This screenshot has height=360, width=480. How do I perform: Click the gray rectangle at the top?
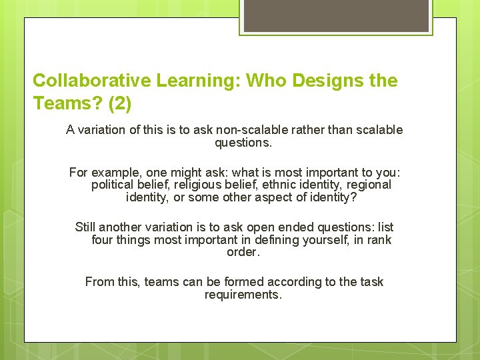pos(335,15)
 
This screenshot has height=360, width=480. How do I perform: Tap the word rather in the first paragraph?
pos(311,130)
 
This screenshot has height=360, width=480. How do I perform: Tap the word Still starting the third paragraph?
pos(87,227)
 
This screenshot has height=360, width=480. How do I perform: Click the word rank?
pos(379,240)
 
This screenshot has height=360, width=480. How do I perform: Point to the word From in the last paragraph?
pos(99,282)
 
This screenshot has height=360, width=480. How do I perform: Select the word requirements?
pos(243,295)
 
